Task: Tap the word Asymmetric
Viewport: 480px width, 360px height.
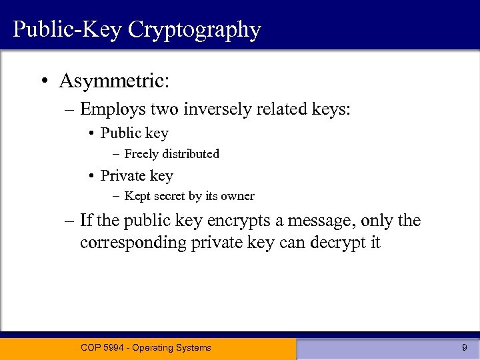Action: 114,81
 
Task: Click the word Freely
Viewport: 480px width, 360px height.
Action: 141,154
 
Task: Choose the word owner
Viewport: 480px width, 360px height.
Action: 238,196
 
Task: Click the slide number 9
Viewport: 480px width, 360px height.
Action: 464,347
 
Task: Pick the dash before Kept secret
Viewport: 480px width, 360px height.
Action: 116,197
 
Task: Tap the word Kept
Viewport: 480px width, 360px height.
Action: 137,196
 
